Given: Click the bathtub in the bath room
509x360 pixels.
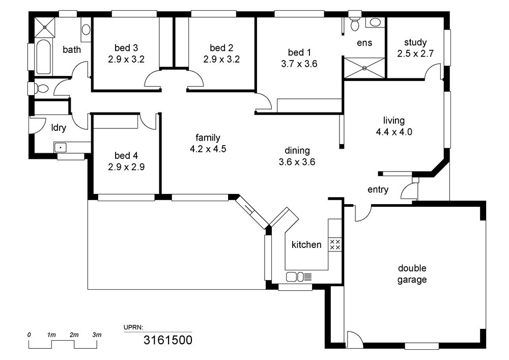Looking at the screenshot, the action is point(43,58).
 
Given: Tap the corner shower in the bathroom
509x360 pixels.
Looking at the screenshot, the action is point(45,27).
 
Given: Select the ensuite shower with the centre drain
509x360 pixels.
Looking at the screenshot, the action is point(364,68).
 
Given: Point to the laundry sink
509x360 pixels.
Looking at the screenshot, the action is point(61,147).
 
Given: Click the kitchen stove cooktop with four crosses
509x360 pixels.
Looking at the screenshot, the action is point(335,244).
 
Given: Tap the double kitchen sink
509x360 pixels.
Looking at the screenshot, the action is point(299,277).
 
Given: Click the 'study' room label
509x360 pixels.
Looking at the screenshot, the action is point(415,43).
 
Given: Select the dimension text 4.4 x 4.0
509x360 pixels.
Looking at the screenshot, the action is point(394,132).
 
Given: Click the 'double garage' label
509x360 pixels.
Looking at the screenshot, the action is point(412,274).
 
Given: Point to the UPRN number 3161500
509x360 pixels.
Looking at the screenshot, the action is point(168,340).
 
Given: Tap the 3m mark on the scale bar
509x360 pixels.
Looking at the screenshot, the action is point(97,335).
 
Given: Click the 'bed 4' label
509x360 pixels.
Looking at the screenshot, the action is point(126,155).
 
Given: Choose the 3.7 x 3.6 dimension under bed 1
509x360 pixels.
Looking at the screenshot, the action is point(299,64).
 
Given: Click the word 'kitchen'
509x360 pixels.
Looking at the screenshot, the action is point(306,244).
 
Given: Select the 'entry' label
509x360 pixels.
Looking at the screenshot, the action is point(378,189).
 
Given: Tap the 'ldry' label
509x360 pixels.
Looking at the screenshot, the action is point(59,128).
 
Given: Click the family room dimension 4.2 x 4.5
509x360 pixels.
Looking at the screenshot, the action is point(208,149).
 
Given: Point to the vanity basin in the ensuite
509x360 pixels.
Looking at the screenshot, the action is point(375,22).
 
